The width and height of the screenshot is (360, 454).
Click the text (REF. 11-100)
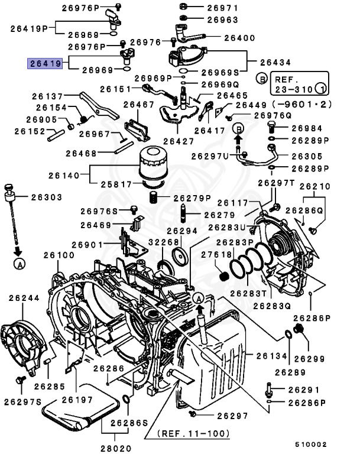[194, 433]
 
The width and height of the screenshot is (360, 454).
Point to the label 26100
[58, 255]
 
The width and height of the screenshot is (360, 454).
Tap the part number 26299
[310, 358]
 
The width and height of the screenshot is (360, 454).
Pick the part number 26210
[314, 186]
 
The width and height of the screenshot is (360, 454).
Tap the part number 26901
[87, 245]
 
